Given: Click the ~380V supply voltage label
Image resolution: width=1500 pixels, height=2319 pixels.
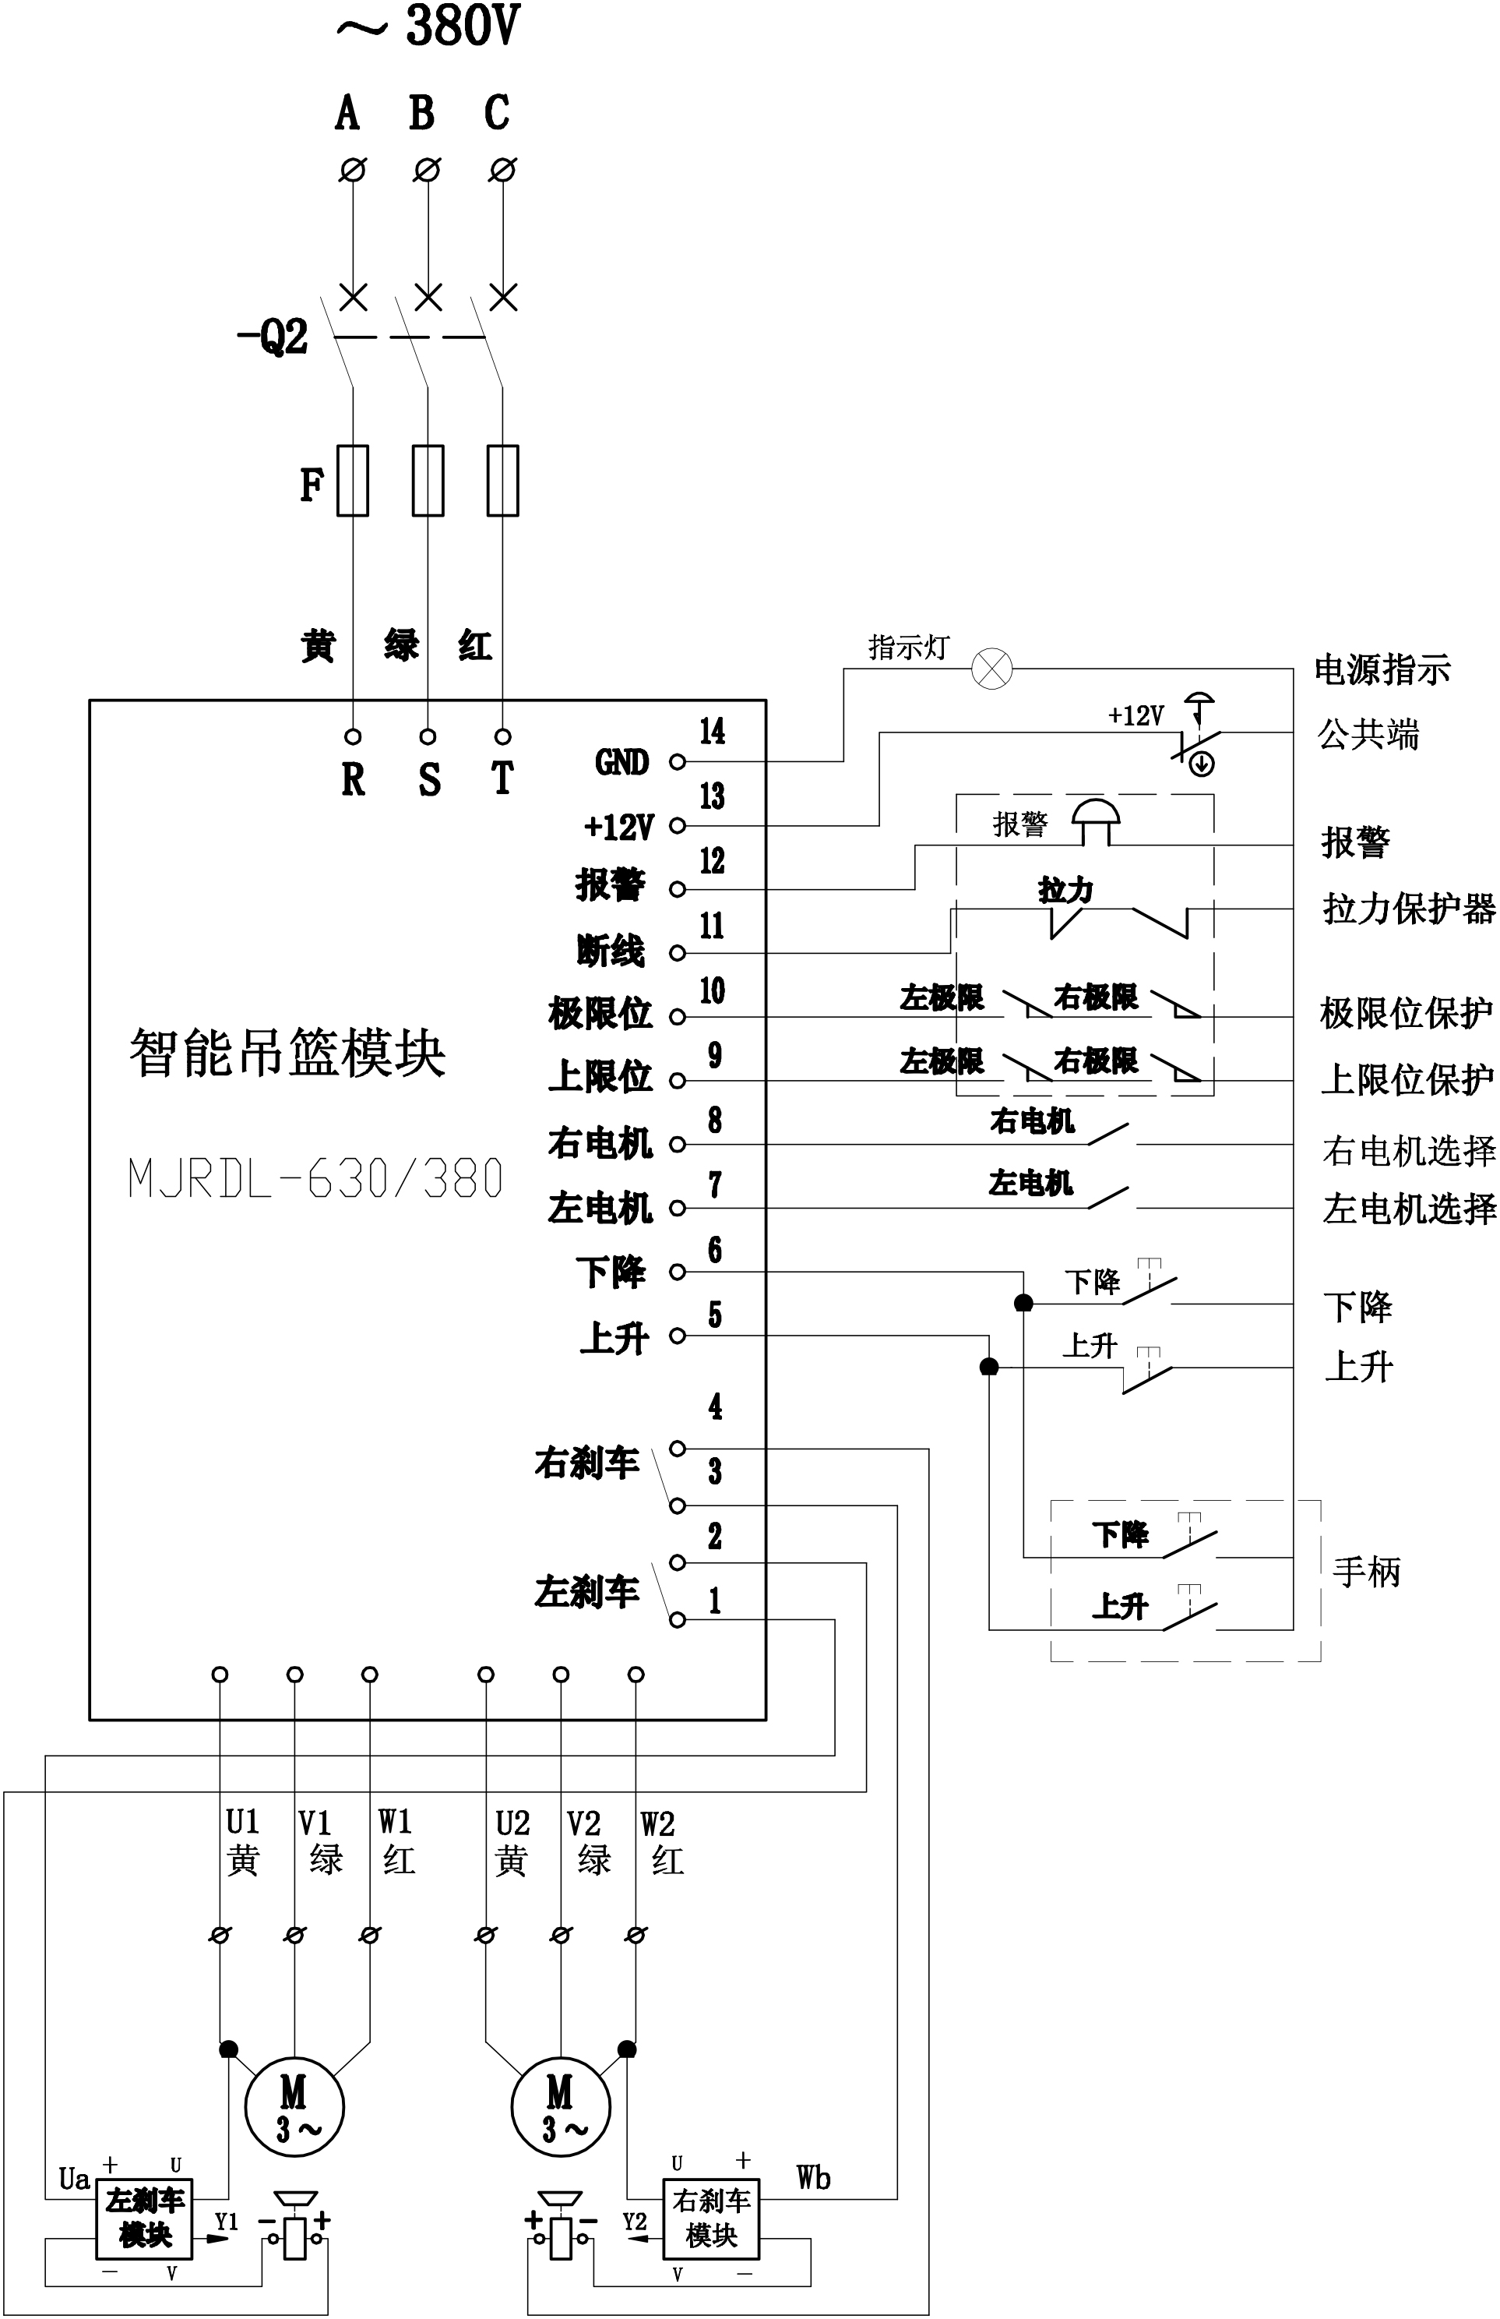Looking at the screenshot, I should coord(428,27).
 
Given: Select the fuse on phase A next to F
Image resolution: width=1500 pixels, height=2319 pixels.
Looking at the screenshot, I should coord(353,480).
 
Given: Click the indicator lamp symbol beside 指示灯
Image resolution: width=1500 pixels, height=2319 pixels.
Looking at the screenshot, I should coord(992,669).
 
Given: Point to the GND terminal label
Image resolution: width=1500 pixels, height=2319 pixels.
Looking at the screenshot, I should coord(621,762).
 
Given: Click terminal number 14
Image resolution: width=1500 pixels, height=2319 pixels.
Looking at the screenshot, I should coord(712,731).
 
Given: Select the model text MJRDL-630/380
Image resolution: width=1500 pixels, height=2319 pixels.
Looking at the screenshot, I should coord(315,1179).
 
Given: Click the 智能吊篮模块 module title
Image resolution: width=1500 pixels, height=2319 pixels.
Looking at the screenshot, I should coord(287,1054).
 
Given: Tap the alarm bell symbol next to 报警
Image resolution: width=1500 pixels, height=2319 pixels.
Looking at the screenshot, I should coord(1097,821).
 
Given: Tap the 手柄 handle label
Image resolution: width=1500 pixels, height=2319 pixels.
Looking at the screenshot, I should coord(1365,1571).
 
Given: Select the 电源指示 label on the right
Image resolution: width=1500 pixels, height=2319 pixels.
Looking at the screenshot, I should coord(1382,669).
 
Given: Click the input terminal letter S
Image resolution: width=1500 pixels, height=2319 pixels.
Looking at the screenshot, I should coord(428,779).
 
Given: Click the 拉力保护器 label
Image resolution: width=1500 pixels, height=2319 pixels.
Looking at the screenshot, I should coord(1408,909).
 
